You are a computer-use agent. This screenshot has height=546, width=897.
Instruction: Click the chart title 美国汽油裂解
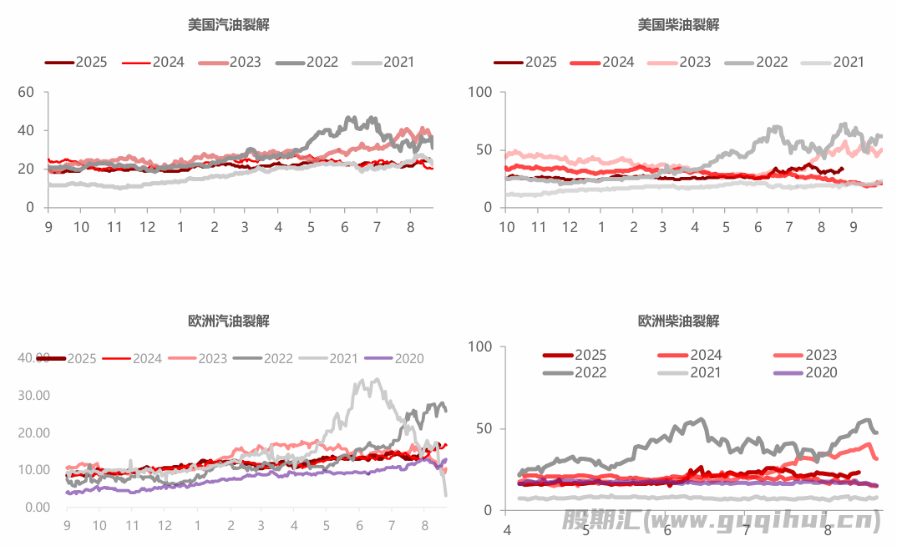(x=228, y=25)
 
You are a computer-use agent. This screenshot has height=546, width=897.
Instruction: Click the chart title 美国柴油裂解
(x=678, y=25)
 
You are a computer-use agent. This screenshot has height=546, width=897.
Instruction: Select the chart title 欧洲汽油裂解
(x=228, y=321)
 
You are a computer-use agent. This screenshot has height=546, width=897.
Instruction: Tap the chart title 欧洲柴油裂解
(x=678, y=321)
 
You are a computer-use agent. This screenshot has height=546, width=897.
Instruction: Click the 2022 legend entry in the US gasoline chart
(x=306, y=62)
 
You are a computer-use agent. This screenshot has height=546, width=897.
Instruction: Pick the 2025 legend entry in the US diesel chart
(x=525, y=62)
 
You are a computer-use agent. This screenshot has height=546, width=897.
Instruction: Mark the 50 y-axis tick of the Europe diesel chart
(x=486, y=428)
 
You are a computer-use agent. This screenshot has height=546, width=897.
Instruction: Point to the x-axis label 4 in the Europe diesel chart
(x=506, y=530)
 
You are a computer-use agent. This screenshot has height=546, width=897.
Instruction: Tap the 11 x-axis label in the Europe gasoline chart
(x=132, y=526)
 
